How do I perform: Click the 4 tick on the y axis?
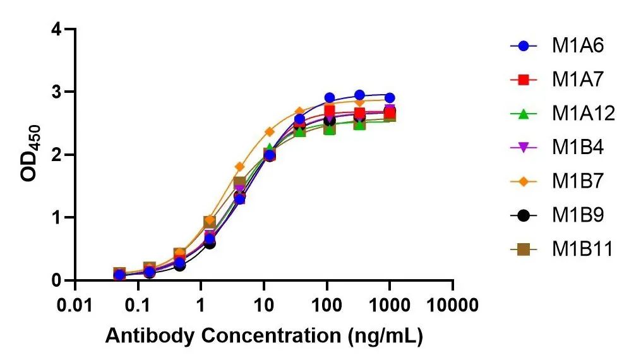(57, 30)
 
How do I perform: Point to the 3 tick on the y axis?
(57, 92)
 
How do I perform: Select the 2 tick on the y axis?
(57, 155)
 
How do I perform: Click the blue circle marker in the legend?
(523, 45)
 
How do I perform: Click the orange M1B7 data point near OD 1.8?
(239, 167)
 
